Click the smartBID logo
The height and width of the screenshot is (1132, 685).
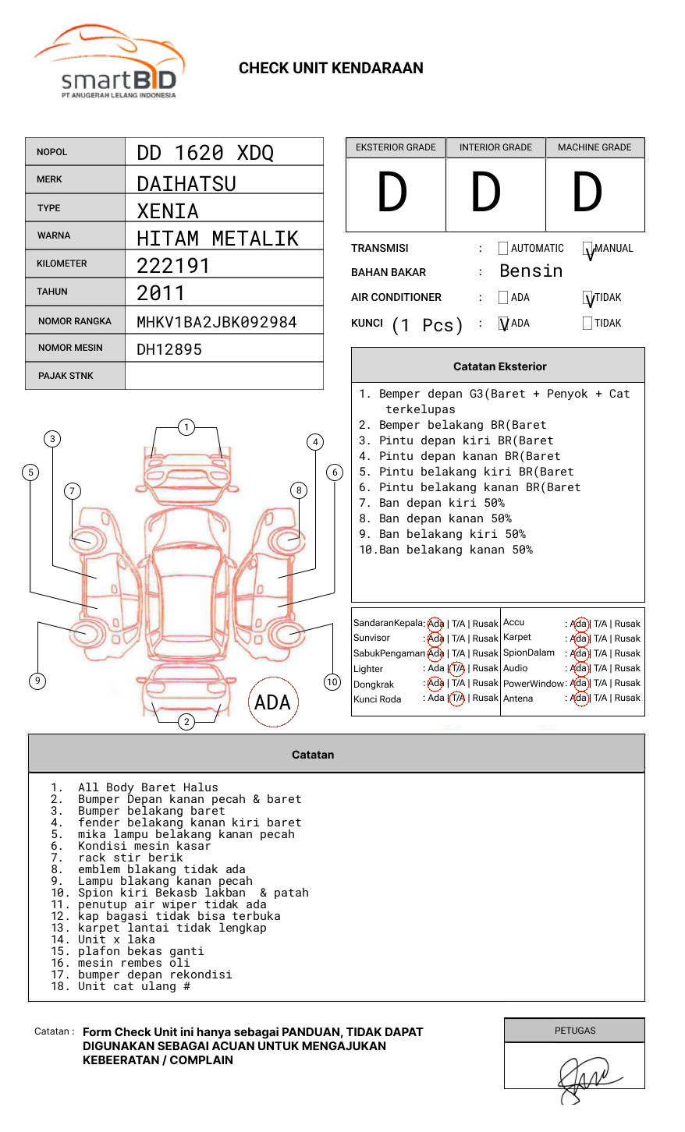109,62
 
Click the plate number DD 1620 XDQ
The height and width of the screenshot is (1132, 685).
205,153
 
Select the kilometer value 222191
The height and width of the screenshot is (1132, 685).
173,266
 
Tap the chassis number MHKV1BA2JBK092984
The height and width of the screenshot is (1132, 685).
216,322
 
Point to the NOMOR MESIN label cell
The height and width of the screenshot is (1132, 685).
75,348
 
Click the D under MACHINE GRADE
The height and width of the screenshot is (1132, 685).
587,193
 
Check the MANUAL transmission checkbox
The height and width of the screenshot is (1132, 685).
588,249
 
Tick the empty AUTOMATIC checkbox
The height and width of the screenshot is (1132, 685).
503,249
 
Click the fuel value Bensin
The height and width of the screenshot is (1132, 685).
531,271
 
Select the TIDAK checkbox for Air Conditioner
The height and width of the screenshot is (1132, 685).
588,299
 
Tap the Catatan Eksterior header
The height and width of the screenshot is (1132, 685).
499,366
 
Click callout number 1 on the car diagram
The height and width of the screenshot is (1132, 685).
186,427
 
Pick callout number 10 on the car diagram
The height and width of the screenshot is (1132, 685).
332,682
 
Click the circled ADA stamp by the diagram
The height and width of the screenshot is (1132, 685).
273,702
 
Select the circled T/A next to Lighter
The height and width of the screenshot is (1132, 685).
457,668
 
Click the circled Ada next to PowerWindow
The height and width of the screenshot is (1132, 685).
579,683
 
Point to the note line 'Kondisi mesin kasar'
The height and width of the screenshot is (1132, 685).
144,846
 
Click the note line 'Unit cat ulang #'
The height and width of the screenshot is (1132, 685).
133,986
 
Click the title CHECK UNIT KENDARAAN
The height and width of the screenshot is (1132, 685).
331,69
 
